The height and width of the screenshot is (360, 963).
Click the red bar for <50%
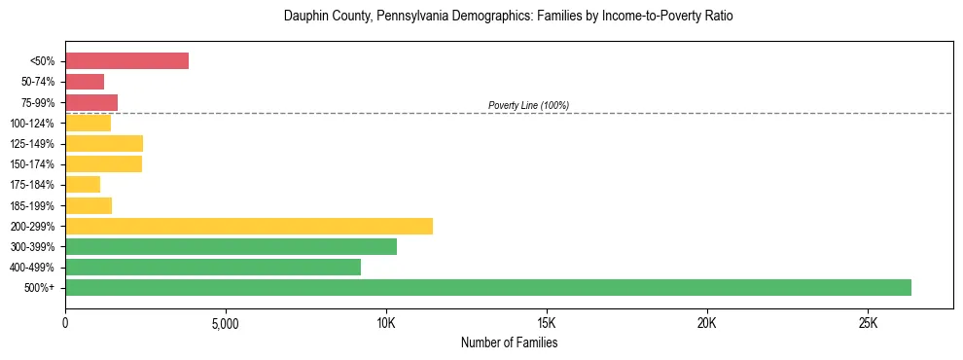point(126,60)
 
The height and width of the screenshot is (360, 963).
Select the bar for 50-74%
point(85,82)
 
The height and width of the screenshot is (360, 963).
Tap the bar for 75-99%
point(91,102)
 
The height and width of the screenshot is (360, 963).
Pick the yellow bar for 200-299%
point(249,226)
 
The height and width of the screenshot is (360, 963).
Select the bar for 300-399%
point(231,246)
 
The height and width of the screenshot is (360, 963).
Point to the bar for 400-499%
point(213,267)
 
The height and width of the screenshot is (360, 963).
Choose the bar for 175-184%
point(83,185)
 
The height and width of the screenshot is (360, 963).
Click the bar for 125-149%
point(104,143)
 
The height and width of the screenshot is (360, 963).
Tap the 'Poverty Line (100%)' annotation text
point(528,105)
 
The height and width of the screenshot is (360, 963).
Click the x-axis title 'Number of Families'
point(509,343)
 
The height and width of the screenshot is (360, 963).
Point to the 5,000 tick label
point(226,323)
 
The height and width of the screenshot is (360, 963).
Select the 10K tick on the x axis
point(386,323)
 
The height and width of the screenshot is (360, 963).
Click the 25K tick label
point(868,323)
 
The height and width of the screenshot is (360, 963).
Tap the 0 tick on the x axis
point(65,323)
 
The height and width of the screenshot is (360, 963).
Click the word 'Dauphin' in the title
point(304,17)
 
